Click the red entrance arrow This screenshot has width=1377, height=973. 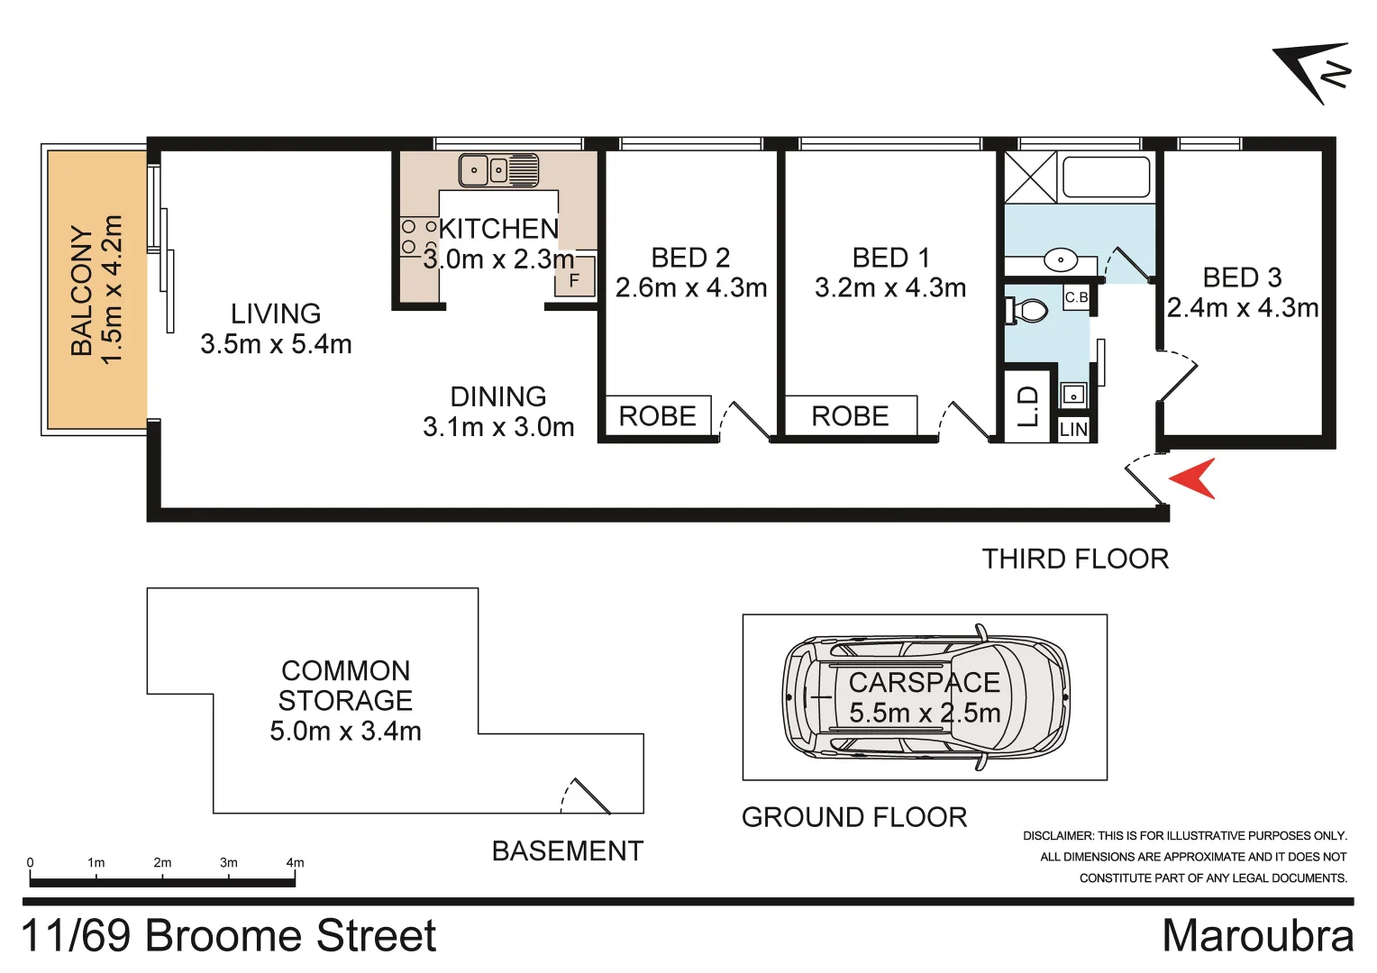pos(1195,478)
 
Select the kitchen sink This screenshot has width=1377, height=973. pos(498,169)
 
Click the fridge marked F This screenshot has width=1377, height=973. pos(574,280)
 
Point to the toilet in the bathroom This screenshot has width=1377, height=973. pos(1028,312)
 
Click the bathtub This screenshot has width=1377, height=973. pos(1106,177)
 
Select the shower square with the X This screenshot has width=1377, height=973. pos(1031,177)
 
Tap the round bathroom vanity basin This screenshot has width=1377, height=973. pos(1061,260)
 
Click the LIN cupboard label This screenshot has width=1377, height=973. pos(1073,430)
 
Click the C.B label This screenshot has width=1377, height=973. pos(1076,297)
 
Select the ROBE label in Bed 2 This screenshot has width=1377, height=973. pos(657,416)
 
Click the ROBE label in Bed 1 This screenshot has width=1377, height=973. pos(850,416)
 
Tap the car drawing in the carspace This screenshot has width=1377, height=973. pos(926,697)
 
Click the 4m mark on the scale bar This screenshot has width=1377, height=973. pos(295,863)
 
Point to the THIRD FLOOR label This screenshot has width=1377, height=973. pos(1075,559)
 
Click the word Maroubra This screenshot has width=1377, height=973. pos(1257,936)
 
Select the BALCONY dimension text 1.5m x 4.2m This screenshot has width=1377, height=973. pos(112,289)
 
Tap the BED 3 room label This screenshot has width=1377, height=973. pos(1242,277)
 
